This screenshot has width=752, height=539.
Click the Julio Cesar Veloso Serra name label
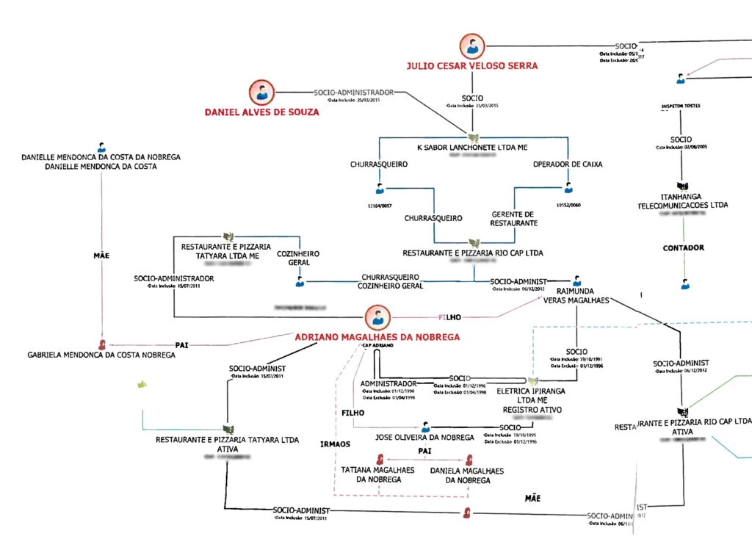(x=472, y=66)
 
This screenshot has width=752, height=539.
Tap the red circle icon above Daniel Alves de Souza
(x=261, y=93)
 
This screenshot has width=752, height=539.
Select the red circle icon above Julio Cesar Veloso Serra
(x=472, y=46)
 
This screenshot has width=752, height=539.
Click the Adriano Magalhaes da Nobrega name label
(x=377, y=337)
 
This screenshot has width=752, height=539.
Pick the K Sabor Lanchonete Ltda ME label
(x=472, y=148)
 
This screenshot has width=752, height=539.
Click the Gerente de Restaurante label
(x=514, y=218)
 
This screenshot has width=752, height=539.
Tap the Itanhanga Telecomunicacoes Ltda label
(x=683, y=200)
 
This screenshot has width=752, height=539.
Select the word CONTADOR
(x=683, y=248)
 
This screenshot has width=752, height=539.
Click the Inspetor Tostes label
(x=681, y=106)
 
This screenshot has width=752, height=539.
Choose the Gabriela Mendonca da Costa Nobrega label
(x=101, y=355)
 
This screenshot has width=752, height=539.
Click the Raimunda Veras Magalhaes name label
(x=576, y=295)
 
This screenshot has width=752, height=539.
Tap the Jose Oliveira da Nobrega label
(x=424, y=437)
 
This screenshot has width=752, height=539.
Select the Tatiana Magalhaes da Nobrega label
(x=378, y=474)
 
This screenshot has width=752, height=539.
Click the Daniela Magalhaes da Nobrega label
(x=460, y=474)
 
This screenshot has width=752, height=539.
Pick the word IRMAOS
(x=335, y=444)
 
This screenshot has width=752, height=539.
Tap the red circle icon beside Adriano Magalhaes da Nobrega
(x=377, y=318)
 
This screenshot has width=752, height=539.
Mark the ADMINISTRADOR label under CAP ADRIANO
(x=388, y=383)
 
